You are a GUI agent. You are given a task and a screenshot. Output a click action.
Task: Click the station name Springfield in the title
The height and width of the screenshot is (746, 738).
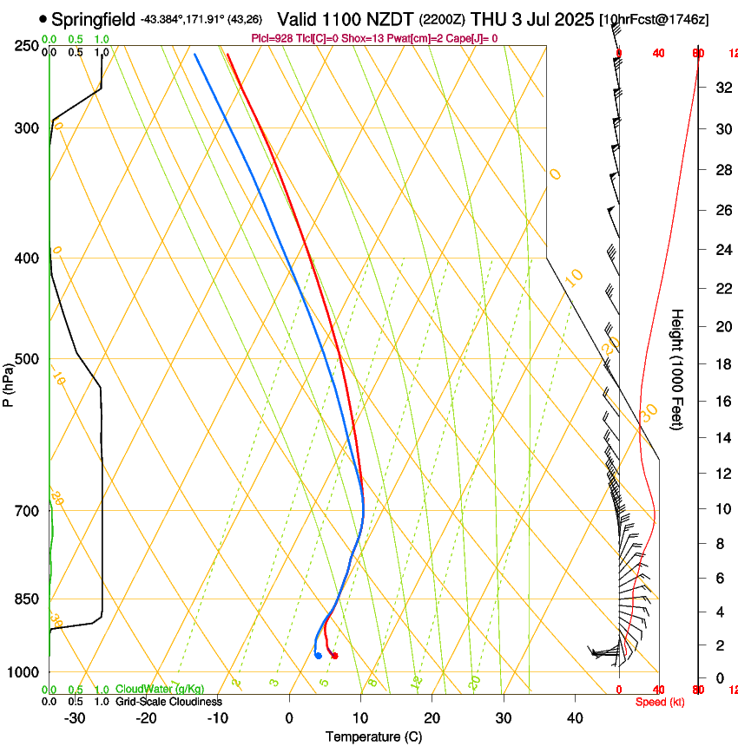tap(93, 18)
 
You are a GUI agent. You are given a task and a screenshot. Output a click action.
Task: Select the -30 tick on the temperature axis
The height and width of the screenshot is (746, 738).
tap(75, 717)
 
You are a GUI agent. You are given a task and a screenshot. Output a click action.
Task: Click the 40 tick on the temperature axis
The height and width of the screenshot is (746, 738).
tap(574, 717)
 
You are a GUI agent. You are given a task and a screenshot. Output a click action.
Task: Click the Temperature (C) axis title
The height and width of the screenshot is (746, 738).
tap(373, 736)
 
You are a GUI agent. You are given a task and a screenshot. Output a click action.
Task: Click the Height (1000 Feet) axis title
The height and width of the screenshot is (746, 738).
tap(678, 369)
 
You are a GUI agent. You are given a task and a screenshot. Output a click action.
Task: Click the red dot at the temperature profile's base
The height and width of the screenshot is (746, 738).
tap(334, 655)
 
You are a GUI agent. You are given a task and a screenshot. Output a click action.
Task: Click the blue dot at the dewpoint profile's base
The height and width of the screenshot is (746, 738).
tap(319, 655)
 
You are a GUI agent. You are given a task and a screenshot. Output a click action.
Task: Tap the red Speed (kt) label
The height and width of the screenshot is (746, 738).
tap(659, 701)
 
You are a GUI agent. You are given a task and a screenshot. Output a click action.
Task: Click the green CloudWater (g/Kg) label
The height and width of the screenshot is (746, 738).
tap(160, 689)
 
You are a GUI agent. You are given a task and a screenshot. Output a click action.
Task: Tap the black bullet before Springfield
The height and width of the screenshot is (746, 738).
tap(43, 18)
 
